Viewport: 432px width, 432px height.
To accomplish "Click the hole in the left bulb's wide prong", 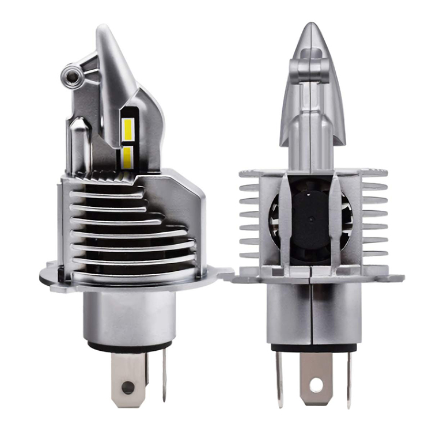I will tap(128, 388).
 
